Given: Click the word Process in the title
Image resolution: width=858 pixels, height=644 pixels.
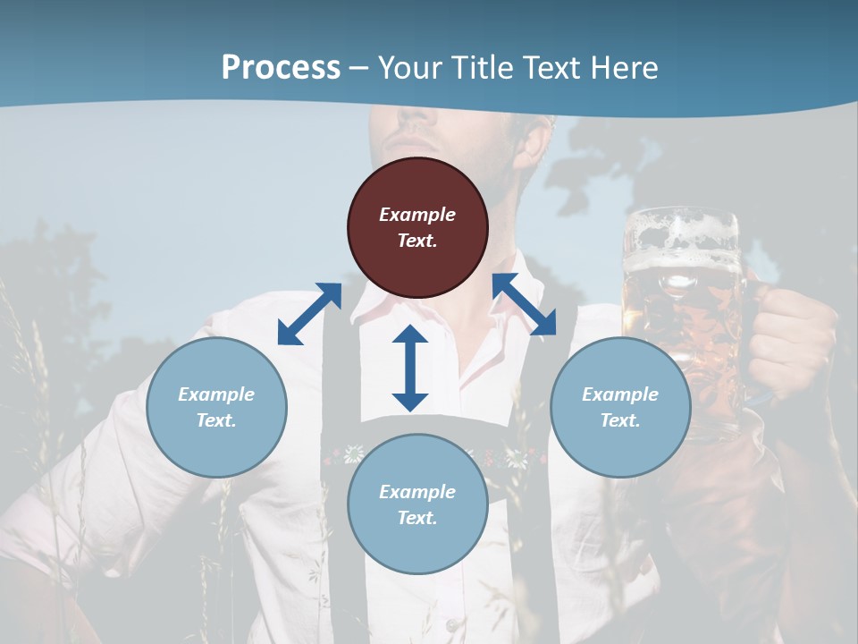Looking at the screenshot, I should [x=281, y=68].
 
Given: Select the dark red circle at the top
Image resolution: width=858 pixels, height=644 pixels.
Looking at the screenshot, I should [x=417, y=227].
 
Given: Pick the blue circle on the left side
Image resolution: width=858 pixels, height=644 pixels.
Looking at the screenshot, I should [x=216, y=407].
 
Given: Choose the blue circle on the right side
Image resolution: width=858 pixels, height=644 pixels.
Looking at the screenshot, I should [x=620, y=407].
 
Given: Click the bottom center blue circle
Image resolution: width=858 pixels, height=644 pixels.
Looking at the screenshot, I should [x=417, y=504].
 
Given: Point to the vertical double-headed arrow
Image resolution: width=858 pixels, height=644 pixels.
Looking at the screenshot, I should [x=410, y=368].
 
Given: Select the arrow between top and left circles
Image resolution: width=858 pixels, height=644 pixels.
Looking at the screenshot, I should [x=309, y=314].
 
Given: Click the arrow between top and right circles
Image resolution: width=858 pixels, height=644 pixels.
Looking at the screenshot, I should [x=524, y=304].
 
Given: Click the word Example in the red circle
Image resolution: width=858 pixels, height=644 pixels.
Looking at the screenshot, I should [x=417, y=215].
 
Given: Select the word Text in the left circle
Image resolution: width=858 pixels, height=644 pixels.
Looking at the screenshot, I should [x=216, y=420].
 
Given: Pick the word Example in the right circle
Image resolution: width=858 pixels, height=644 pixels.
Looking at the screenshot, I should [x=620, y=394].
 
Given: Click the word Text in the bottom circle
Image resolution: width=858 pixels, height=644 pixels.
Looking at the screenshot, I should [x=417, y=518].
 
